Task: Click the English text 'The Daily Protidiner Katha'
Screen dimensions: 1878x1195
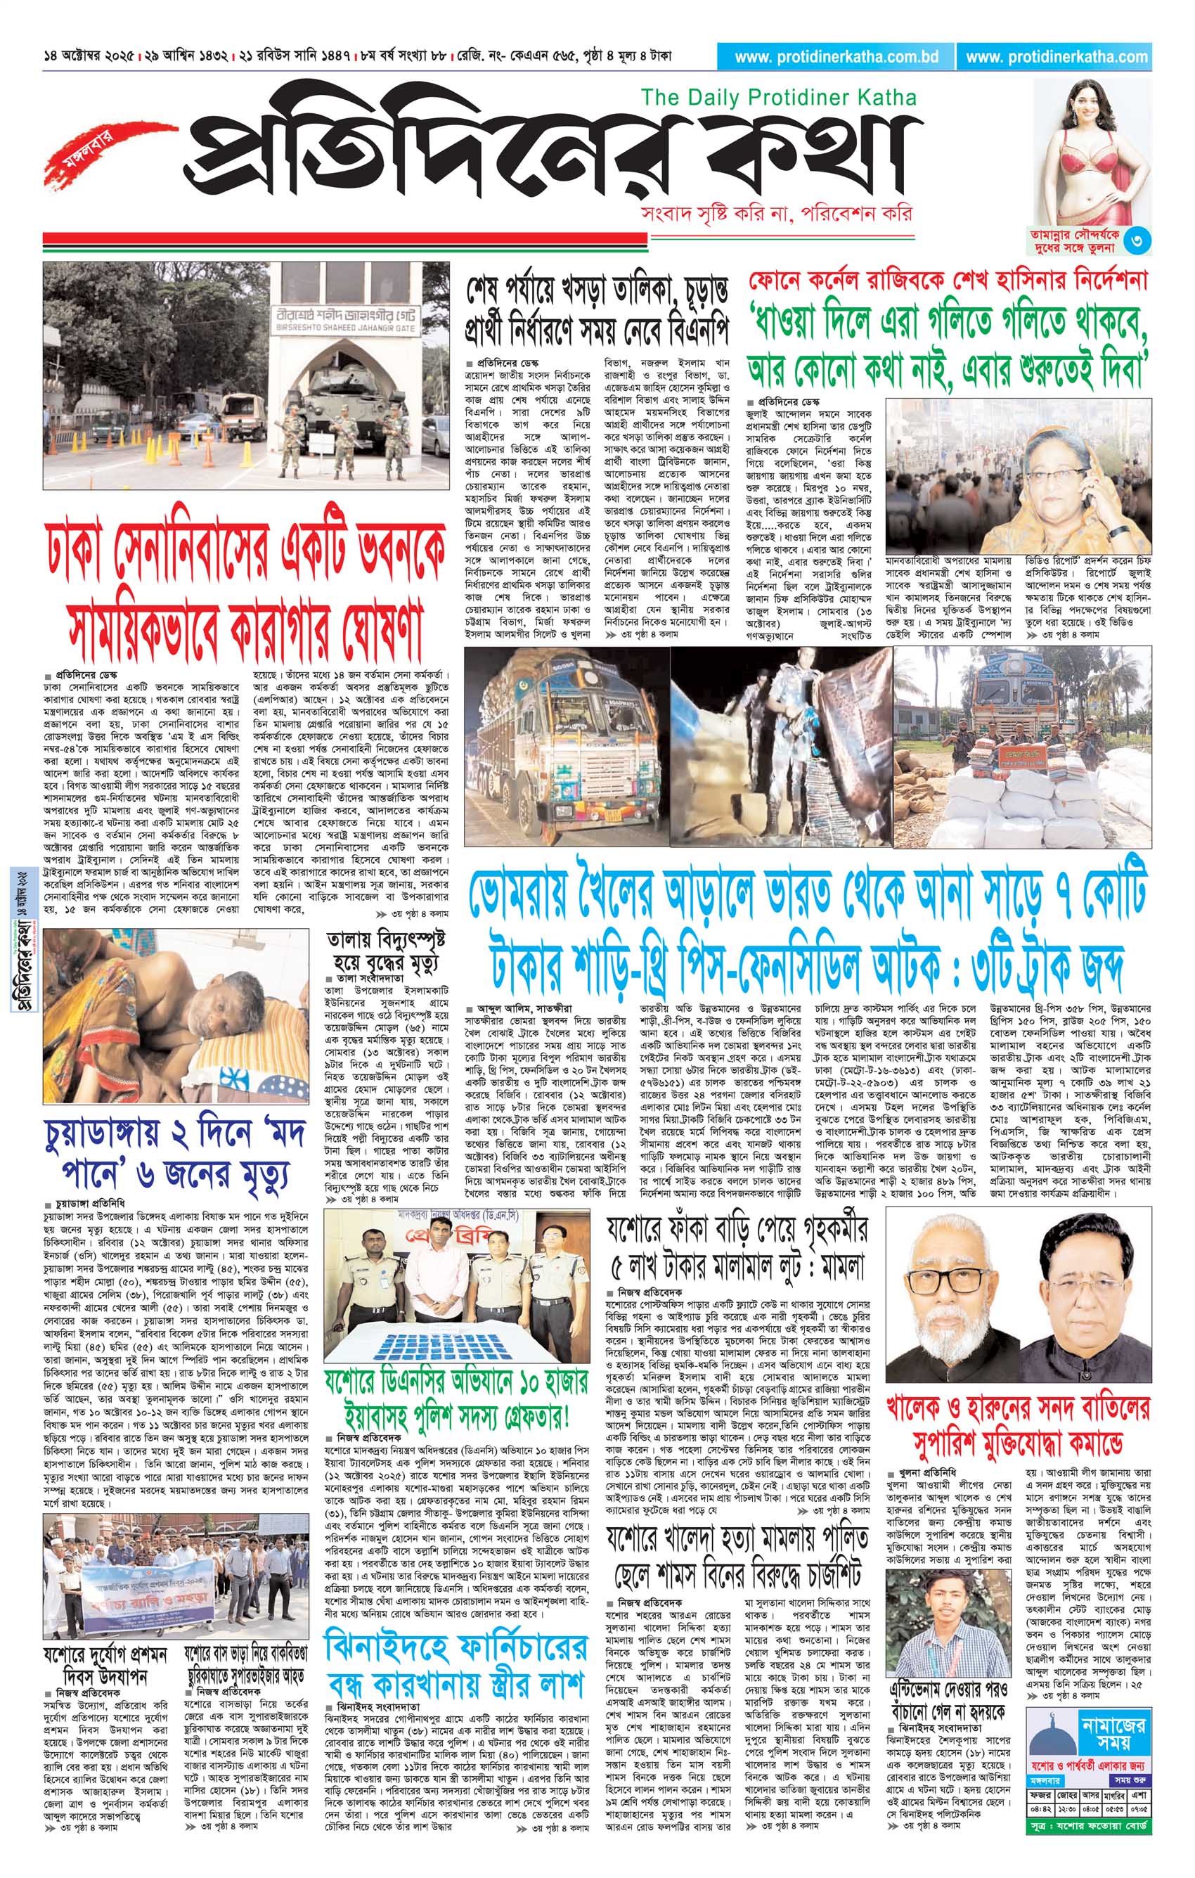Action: point(778,97)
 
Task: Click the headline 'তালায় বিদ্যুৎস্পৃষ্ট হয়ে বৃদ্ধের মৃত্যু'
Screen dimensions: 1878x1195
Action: point(382,951)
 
